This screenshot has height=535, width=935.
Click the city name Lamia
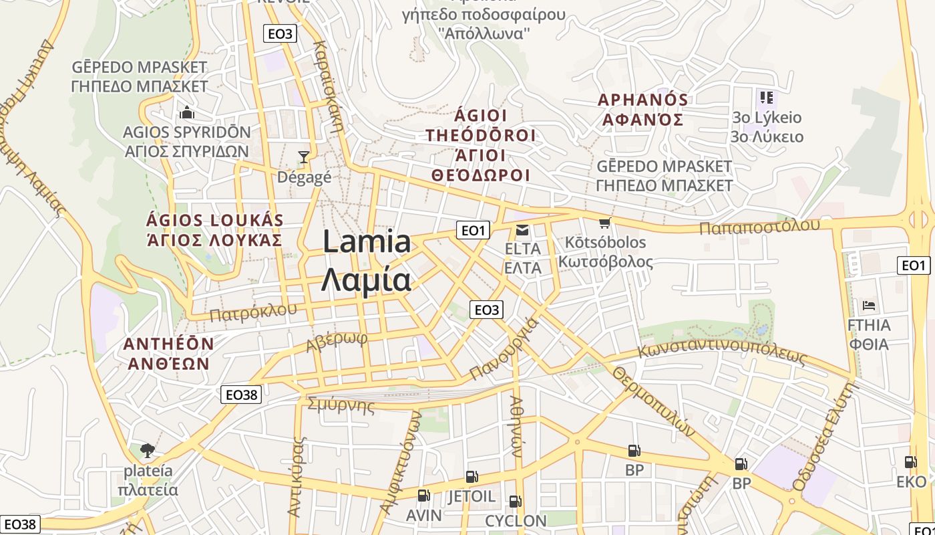click(x=367, y=242)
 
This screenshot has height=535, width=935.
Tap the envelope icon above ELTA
click(x=522, y=231)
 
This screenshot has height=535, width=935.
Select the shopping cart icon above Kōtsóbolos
click(x=605, y=223)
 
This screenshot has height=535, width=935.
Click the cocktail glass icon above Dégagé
click(x=304, y=157)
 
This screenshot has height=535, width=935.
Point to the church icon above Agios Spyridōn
click(x=186, y=112)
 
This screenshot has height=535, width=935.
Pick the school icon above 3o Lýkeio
click(x=766, y=98)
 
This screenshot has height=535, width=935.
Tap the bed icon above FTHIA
click(x=869, y=306)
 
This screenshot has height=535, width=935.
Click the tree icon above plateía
click(x=148, y=450)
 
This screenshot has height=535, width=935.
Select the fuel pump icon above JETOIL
click(x=472, y=477)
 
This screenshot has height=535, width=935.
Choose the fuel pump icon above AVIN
click(x=423, y=496)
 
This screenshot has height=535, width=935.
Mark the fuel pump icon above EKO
click(x=910, y=461)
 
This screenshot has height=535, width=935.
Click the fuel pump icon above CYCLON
click(x=515, y=501)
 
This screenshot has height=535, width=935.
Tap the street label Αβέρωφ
click(x=337, y=342)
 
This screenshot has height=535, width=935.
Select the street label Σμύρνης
click(x=341, y=405)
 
